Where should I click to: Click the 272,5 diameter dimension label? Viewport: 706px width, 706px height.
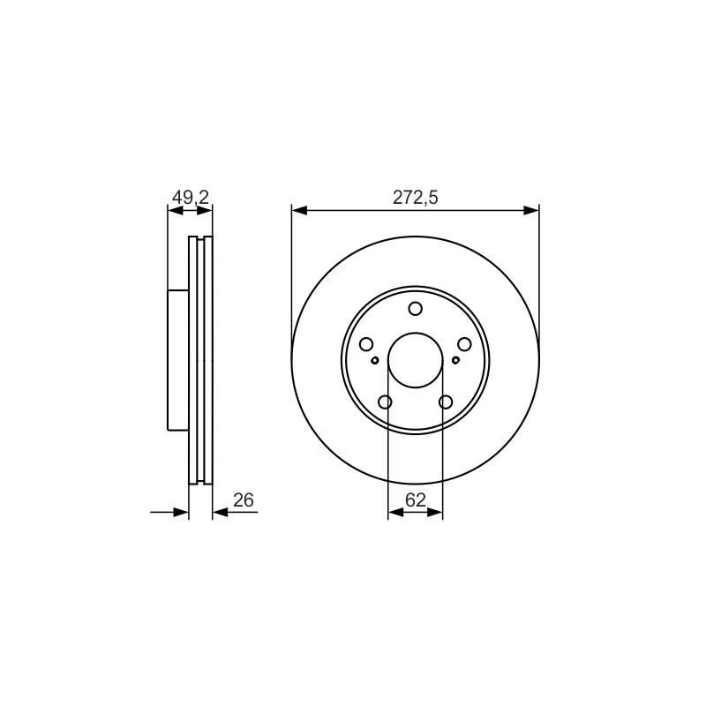415,197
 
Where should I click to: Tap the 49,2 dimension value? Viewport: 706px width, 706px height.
191,197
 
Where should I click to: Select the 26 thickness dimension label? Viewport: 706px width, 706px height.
244,499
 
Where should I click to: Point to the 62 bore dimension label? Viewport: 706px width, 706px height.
415,499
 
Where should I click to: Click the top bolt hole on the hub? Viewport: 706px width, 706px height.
415,309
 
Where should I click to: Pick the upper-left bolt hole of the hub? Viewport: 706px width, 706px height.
366,344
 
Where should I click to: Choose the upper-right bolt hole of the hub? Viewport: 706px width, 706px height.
464,344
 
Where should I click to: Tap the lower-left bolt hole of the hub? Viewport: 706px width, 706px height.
385,402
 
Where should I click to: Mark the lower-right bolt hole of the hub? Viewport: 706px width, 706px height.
446,402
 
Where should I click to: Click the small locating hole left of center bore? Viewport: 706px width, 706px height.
375,360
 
